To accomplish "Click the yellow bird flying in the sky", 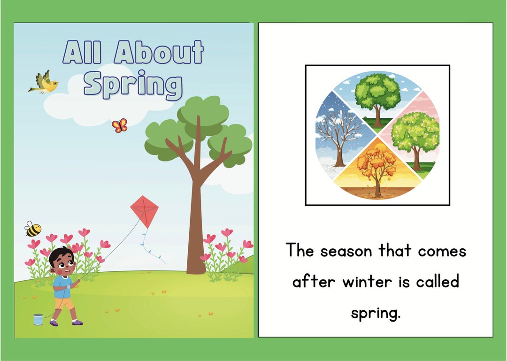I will (x=44, y=83).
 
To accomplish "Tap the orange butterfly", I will (x=119, y=125).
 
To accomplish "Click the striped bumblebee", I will (x=33, y=229).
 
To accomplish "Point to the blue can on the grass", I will (x=38, y=319).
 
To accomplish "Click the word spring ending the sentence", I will (x=375, y=313).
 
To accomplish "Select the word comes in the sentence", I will (x=442, y=251).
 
